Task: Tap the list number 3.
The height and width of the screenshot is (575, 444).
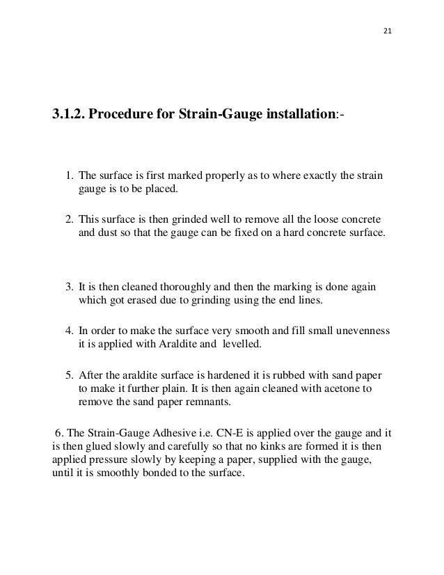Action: click(x=69, y=287)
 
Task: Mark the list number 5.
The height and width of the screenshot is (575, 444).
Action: click(x=69, y=375)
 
